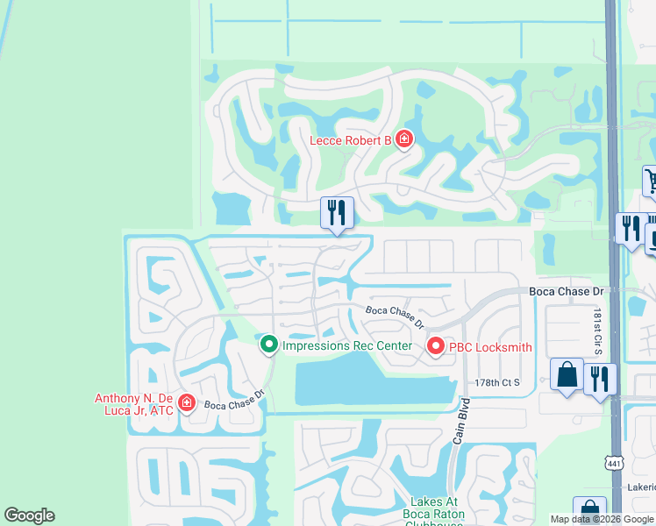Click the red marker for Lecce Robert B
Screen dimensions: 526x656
(403, 139)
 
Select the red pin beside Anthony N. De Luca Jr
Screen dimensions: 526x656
(186, 402)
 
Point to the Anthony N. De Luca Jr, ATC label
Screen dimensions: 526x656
(135, 404)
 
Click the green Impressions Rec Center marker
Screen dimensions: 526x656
(269, 345)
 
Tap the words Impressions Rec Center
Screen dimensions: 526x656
(346, 345)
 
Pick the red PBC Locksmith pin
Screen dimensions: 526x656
(435, 347)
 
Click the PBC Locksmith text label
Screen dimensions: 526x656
(490, 347)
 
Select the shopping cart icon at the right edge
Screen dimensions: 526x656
(651, 181)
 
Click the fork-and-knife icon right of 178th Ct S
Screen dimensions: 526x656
(600, 379)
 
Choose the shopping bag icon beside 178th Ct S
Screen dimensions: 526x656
(567, 374)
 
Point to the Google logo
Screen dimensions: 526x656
(29, 515)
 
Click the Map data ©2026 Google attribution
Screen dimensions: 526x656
(603, 519)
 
